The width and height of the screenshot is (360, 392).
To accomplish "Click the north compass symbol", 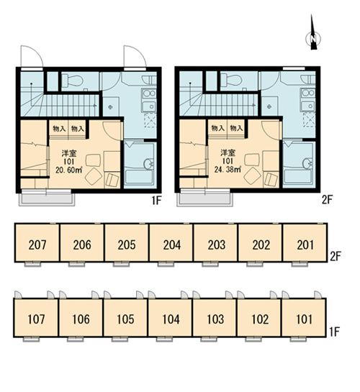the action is tap(313, 39).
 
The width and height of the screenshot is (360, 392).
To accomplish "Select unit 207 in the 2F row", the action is tap(37, 243).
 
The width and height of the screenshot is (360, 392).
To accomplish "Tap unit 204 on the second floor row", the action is tap(171, 243).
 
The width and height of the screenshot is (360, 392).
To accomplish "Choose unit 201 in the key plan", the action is tap(305, 243).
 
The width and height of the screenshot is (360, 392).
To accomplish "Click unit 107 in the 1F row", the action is tap(36, 318).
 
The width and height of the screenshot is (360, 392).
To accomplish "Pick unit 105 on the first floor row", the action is tap(125, 318).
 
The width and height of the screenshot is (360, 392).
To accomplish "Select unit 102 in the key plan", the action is tap(259, 318).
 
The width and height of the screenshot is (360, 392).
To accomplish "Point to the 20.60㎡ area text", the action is tap(69, 170).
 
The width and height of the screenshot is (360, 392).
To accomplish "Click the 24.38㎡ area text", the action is tap(228, 169).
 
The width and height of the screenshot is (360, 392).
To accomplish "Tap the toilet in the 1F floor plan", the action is tap(72, 81).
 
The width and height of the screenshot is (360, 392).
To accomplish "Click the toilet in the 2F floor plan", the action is tap(231, 80).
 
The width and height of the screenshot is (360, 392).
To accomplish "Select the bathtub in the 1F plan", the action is tap(139, 177).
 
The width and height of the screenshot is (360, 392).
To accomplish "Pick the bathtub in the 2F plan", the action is tap(298, 176).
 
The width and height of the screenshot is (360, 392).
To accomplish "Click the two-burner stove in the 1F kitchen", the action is tap(149, 94).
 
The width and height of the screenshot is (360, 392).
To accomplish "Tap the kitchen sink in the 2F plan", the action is tap(308, 106).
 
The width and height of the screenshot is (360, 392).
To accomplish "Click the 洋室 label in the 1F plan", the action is tap(69, 153).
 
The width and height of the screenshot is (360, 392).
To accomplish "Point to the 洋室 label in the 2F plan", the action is tap(228, 152).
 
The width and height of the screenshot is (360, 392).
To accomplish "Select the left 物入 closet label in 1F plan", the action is tap(59, 129).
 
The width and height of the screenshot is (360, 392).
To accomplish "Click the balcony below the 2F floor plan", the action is tap(205, 199).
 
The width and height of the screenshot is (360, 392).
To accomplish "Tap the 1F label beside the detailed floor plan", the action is tap(157, 200).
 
